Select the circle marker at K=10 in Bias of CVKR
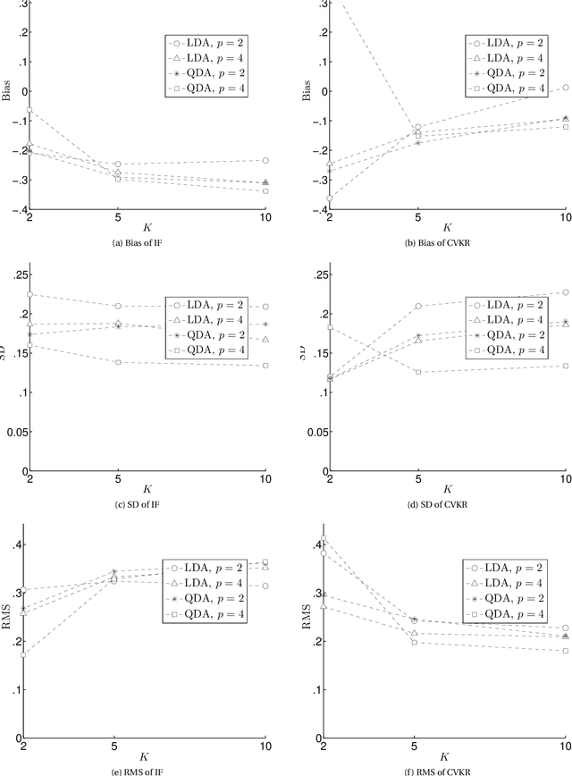(x=566, y=88)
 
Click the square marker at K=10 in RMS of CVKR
(x=566, y=651)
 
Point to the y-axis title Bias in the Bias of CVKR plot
(x=307, y=90)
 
